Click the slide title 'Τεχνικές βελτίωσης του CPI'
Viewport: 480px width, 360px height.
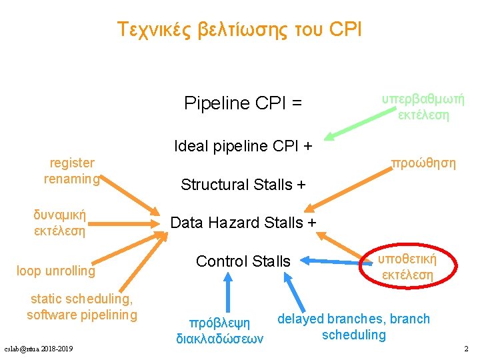[x=239, y=29]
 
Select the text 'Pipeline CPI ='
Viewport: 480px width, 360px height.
[x=243, y=103]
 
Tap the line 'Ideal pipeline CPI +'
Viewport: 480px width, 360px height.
[x=243, y=145]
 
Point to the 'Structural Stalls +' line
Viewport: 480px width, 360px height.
[x=243, y=184]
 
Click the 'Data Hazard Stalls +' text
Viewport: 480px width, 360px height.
[x=243, y=223]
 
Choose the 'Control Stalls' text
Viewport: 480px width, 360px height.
[x=243, y=261]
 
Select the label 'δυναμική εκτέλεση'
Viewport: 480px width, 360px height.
[x=60, y=223]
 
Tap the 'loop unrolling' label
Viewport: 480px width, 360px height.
[x=56, y=271]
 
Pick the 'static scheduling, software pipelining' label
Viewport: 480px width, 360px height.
[x=82, y=307]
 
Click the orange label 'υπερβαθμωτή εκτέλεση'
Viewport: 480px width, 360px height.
[x=423, y=107]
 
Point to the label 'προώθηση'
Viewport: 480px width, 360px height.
[x=423, y=163]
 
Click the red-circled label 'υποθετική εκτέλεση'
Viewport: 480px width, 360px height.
[x=407, y=267]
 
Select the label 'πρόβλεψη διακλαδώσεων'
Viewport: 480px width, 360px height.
[x=220, y=331]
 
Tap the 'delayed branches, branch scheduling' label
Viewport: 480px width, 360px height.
[x=353, y=327]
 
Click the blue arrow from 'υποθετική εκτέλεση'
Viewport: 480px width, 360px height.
[x=333, y=261]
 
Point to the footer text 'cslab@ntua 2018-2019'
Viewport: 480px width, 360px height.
[x=39, y=349]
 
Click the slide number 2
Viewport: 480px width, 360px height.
[x=466, y=349]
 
